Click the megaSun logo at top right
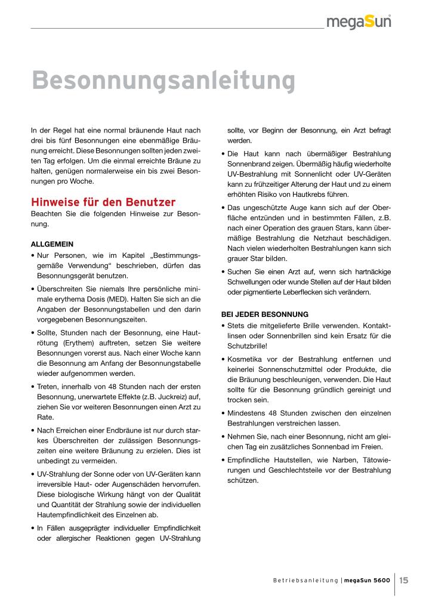tap(359, 22)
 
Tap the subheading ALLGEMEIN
tap(52, 244)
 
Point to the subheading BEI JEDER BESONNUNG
tap(264, 314)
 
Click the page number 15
tap(404, 580)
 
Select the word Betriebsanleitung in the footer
tap(305, 581)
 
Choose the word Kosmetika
tap(248, 359)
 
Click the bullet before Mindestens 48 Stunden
tap(223, 413)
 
